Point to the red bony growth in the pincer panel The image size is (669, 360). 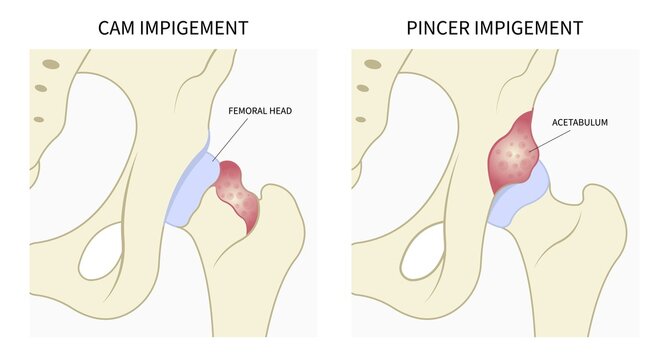click(515, 152)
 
